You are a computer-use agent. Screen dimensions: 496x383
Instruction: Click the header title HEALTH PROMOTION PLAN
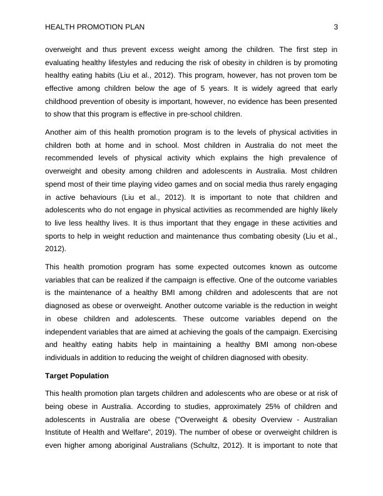(x=91, y=26)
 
